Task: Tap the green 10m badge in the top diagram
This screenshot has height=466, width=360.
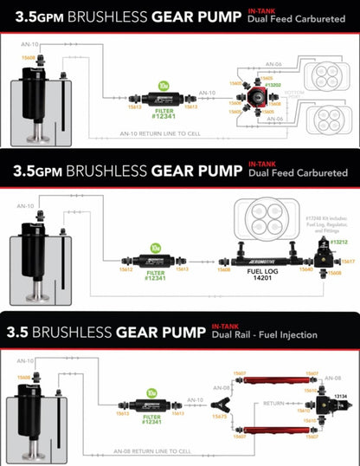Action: [164, 86]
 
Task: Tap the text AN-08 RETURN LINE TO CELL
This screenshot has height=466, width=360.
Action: [169, 452]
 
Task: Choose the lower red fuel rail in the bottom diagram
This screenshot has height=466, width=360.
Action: [286, 429]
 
